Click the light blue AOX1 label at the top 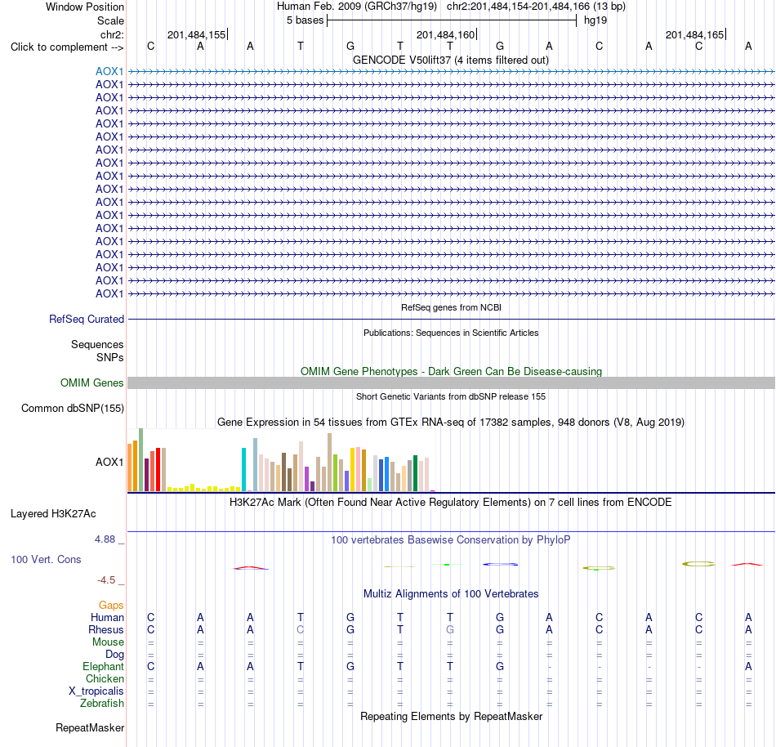click(109, 71)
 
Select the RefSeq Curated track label click(87, 320)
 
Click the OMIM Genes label click(92, 382)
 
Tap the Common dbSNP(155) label click(73, 409)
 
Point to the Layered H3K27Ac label click(53, 514)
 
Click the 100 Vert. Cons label click(46, 559)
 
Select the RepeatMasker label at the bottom click(90, 727)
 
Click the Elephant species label click(104, 666)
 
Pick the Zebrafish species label click(102, 703)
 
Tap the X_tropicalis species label click(96, 691)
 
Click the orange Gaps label click(111, 605)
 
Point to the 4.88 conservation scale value click(105, 539)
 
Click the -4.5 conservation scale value click(106, 579)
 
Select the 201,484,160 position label click(445, 34)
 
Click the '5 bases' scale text click(305, 20)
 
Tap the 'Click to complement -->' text click(67, 47)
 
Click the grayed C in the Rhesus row click(301, 629)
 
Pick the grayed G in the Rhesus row click(450, 629)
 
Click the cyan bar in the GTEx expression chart click(244, 469)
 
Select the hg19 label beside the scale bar click(595, 20)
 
